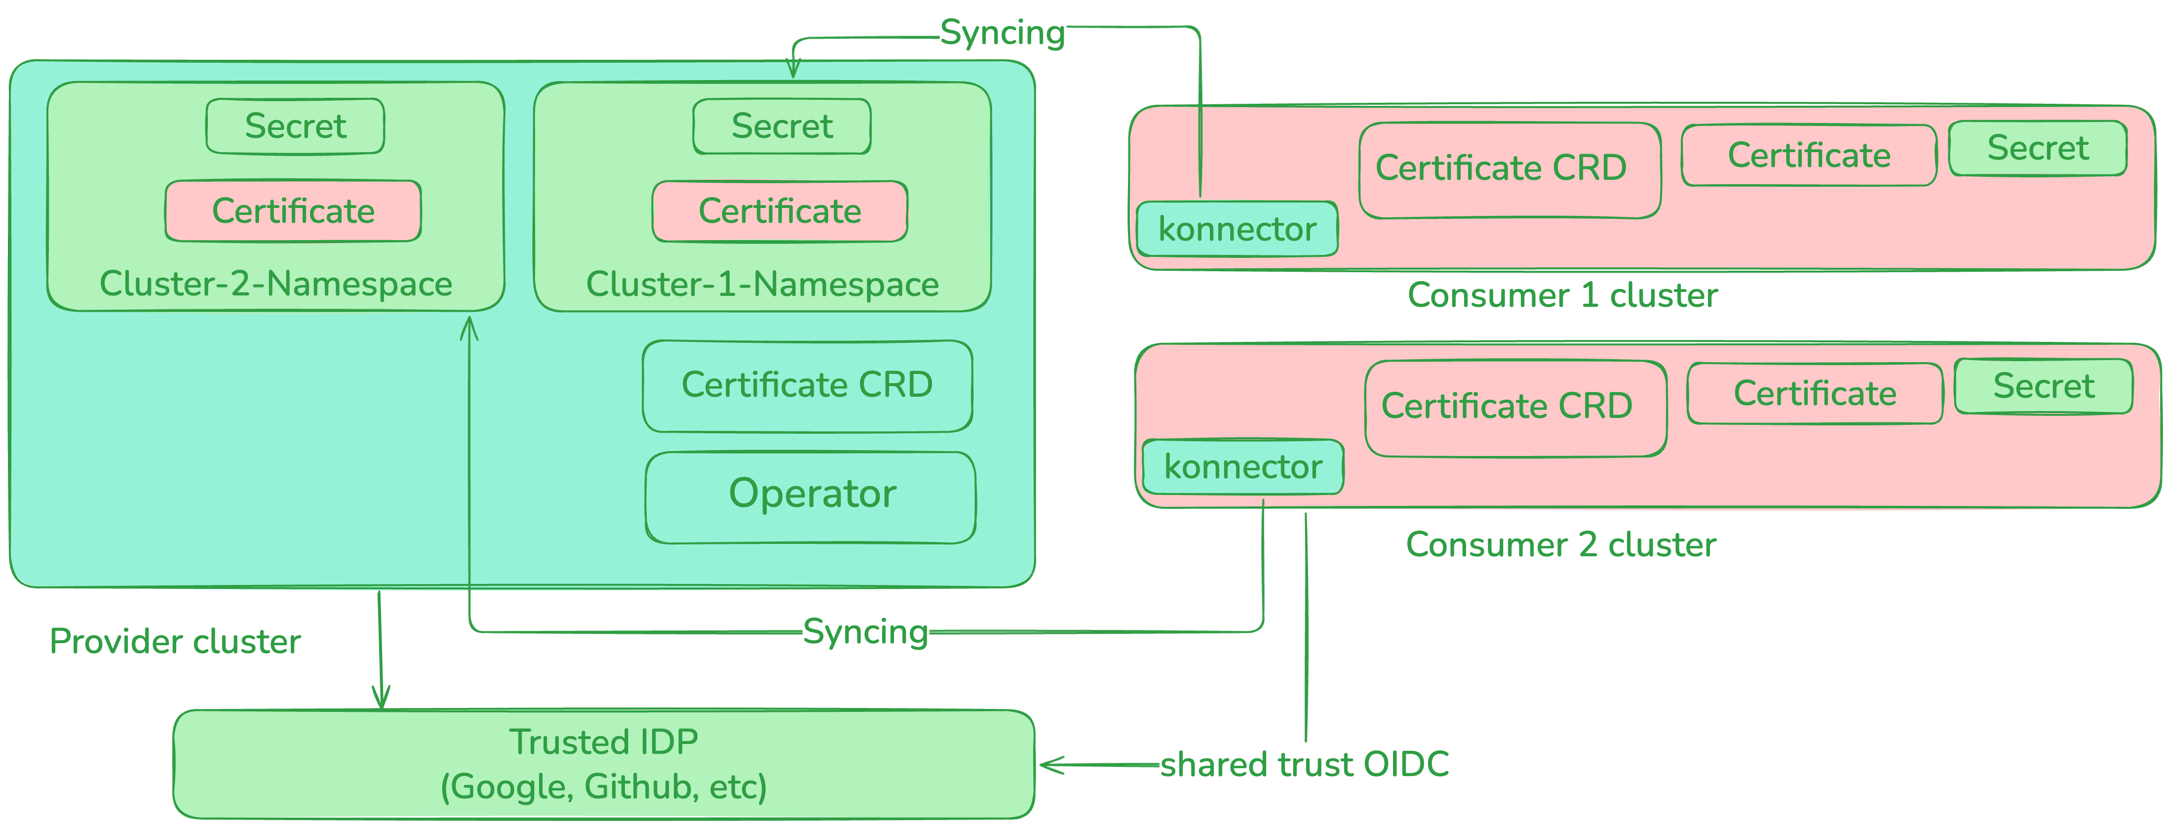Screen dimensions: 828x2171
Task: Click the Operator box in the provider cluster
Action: click(810, 497)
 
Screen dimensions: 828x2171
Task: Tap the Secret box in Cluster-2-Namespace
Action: click(295, 126)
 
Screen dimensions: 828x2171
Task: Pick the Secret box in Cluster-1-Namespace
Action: click(781, 126)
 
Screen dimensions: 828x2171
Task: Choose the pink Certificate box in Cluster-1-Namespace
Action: click(779, 211)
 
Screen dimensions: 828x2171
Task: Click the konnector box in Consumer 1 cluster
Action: click(1237, 229)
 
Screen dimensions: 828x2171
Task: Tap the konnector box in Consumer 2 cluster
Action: click(1242, 466)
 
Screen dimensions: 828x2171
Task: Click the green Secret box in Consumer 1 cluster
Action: click(2037, 148)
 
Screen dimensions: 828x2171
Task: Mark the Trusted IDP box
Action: click(603, 764)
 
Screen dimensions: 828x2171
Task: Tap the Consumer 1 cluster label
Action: click(1562, 295)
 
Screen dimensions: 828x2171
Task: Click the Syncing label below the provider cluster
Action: click(865, 631)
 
